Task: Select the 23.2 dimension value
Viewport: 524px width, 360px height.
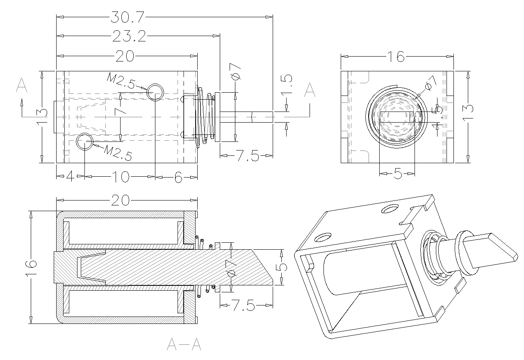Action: coord(129,36)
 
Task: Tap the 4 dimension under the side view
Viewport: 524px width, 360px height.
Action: coord(70,177)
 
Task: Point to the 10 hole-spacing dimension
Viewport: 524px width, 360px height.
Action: coord(120,177)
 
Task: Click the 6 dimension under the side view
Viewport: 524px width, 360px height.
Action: coord(178,177)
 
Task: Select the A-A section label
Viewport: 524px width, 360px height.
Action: coord(184,345)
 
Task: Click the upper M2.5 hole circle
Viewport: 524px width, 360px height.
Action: coord(155,91)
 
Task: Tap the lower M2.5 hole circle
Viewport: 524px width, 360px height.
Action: coord(85,141)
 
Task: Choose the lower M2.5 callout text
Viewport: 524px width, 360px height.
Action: coord(118,153)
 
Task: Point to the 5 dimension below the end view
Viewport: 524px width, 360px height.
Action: coord(397,174)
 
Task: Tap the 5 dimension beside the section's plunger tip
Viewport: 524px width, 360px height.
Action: coord(281,267)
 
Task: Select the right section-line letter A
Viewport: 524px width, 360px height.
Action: coord(310,90)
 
